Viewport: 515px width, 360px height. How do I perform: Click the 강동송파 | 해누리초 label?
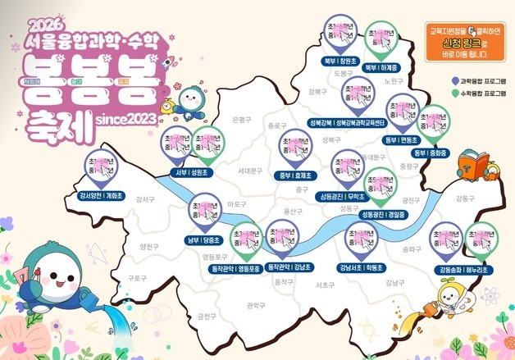pos(464,270)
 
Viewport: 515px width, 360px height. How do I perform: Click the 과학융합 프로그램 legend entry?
pos(483,82)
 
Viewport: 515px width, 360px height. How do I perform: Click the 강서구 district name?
pos(145,199)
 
